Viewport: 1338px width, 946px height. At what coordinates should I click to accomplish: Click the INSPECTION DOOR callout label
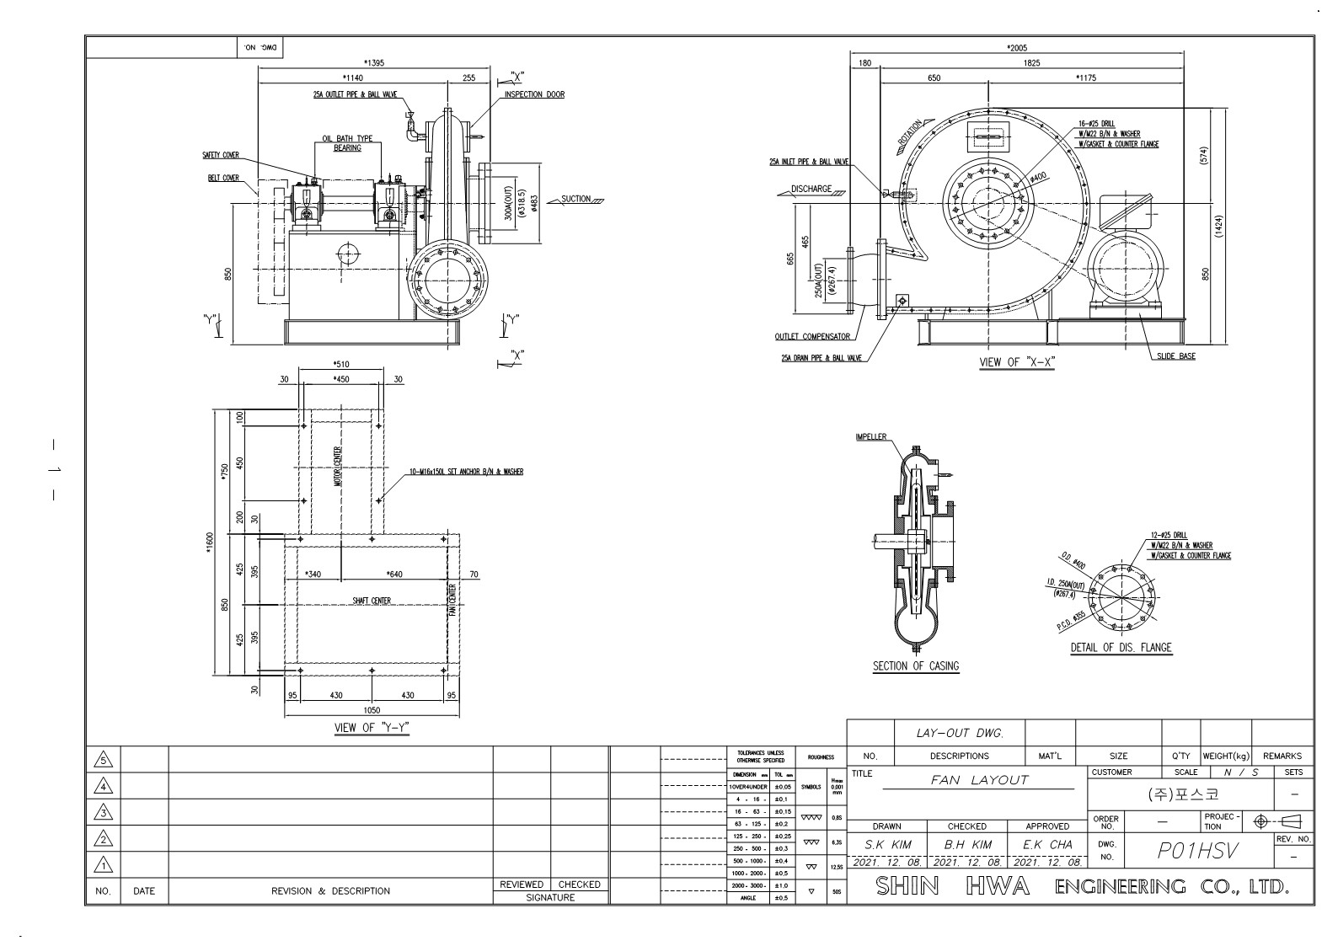point(534,94)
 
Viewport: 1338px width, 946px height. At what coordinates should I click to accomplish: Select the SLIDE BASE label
point(1175,356)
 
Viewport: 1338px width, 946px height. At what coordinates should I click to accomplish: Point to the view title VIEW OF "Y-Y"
point(372,728)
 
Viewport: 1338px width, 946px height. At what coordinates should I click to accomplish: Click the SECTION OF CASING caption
point(915,665)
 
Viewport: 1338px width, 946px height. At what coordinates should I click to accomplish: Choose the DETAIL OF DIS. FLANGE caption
point(1121,648)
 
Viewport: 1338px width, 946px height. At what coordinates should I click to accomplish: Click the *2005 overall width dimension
point(1017,48)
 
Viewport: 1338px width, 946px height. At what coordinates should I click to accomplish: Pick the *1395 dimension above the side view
point(374,63)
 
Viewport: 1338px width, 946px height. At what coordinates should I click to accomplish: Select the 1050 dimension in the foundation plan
point(371,710)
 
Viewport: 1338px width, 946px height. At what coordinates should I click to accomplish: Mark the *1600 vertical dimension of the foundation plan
point(211,543)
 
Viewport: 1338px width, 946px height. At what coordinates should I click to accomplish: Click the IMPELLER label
point(871,437)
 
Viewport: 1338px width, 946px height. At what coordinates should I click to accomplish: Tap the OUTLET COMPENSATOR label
point(812,337)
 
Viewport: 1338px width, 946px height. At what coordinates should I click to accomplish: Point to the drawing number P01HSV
point(1197,851)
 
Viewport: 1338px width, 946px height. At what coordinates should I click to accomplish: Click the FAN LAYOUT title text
point(979,780)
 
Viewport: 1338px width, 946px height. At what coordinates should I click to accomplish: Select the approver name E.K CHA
point(1047,844)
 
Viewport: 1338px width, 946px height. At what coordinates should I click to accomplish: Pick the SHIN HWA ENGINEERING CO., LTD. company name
point(1082,886)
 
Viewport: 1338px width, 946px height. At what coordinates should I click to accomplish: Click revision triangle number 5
point(103,759)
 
